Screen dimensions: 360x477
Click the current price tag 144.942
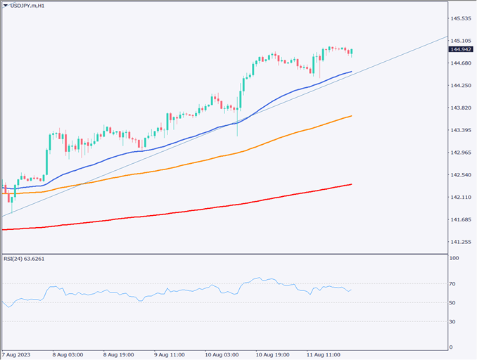coord(462,49)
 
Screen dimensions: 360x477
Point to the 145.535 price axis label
coord(461,18)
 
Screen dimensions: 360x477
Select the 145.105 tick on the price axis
coord(461,41)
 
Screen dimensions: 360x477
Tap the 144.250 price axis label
coord(461,86)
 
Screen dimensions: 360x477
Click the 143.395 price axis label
coord(461,130)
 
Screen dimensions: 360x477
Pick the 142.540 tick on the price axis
coord(461,175)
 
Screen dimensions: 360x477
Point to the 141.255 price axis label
coord(461,242)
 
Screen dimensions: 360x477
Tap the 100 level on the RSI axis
coord(454,259)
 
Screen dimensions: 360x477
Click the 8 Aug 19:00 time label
coord(119,355)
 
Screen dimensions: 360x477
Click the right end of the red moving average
coord(351,184)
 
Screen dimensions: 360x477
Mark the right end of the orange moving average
coord(351,116)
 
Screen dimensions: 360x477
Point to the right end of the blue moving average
coord(351,72)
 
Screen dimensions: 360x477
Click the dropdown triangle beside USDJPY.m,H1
coord(6,6)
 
